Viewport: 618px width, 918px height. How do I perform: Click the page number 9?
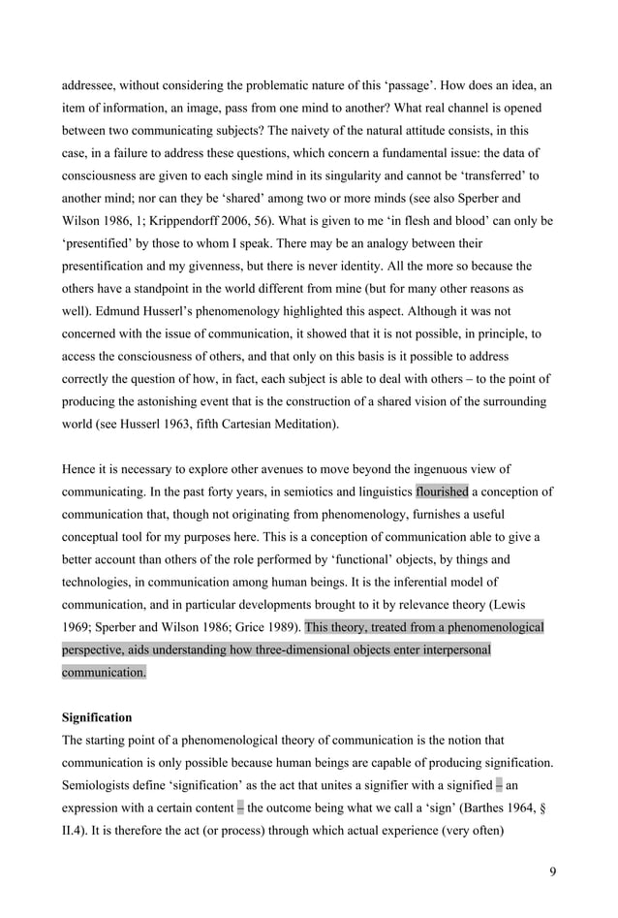click(551, 871)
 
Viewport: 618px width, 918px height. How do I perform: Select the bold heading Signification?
click(97, 718)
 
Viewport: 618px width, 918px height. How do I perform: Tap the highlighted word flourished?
click(442, 491)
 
